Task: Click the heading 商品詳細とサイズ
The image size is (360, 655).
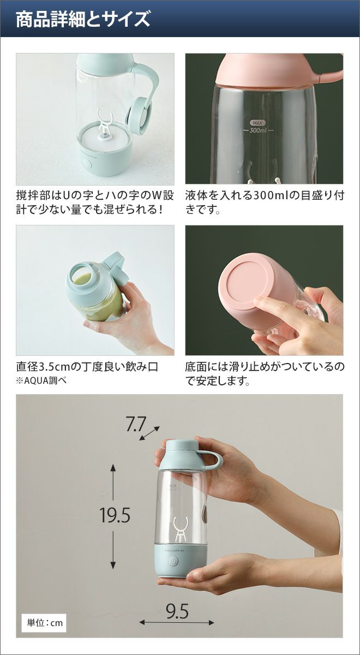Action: point(83,19)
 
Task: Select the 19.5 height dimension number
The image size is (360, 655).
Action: point(115,515)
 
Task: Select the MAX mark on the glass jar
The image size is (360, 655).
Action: point(257,123)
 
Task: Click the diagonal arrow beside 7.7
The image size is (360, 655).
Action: point(149,433)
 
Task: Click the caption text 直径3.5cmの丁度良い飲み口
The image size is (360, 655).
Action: point(87,366)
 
